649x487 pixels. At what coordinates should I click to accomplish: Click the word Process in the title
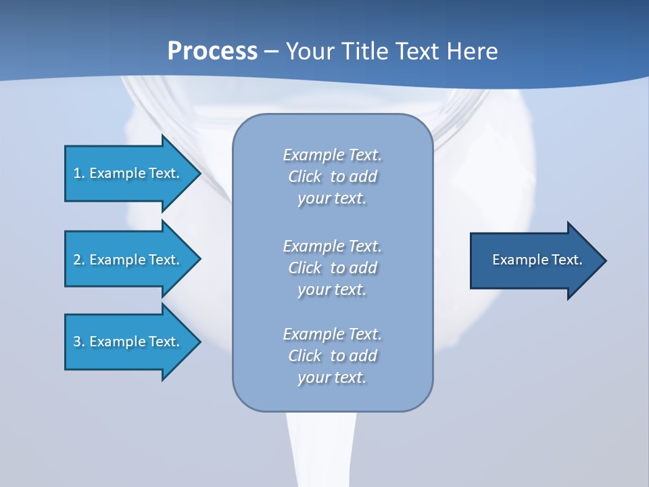tap(212, 51)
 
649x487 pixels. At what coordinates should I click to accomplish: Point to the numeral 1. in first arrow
tap(79, 173)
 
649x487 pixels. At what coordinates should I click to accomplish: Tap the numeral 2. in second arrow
tap(79, 260)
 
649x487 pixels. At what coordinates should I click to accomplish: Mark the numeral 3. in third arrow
tap(79, 342)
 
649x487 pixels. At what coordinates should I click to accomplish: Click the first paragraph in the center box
tap(332, 177)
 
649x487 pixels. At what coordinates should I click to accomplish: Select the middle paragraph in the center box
tap(332, 268)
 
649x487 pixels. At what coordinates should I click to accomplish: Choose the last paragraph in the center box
tap(332, 356)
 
